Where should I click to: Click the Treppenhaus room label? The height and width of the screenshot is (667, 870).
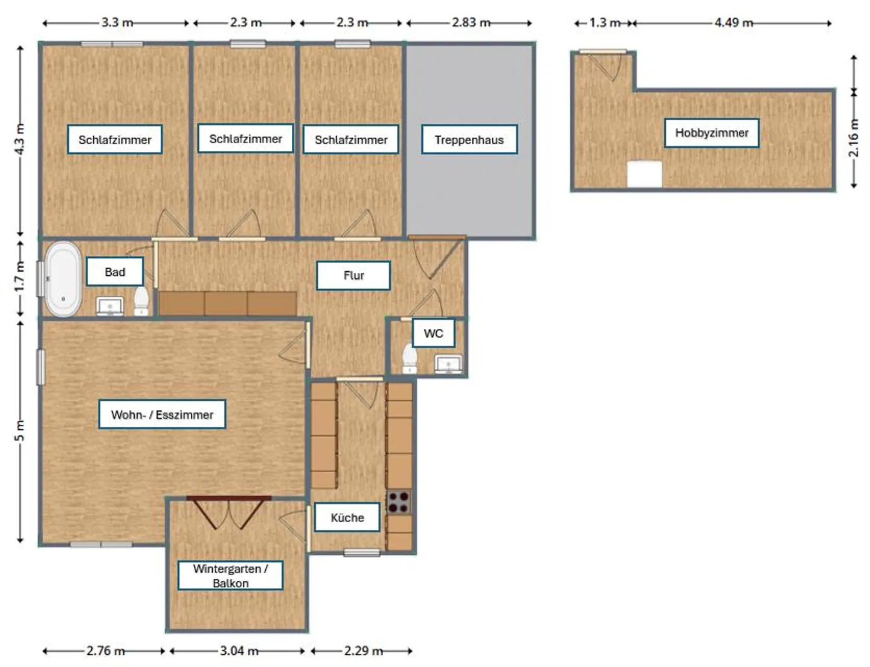point(469,139)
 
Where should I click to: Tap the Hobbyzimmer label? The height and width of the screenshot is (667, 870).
point(712,133)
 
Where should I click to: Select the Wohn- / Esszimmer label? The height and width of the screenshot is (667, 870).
point(162,415)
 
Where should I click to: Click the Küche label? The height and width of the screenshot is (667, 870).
point(347,517)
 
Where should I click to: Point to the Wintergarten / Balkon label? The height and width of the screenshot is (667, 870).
point(230,576)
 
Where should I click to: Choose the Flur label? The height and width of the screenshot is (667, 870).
point(353,275)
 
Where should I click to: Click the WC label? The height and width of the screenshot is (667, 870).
point(433,333)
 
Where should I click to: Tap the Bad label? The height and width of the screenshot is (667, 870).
point(115,272)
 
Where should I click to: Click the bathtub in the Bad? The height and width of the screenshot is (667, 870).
point(63,279)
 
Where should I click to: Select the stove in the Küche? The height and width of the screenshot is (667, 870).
point(399,502)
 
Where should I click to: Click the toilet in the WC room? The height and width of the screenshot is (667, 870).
point(410,359)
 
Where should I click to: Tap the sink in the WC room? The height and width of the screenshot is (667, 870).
point(448,364)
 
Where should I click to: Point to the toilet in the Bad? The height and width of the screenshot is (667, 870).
point(141,301)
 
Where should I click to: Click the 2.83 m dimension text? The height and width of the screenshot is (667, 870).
point(471,22)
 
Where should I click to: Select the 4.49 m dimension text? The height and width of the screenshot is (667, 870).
point(733,22)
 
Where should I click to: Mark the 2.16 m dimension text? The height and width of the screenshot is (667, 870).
point(853,138)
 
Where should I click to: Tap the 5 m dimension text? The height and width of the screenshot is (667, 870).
point(20,430)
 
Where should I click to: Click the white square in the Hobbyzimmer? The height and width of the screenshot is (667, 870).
point(644,174)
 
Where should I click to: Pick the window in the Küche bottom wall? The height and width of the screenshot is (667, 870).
point(362,552)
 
